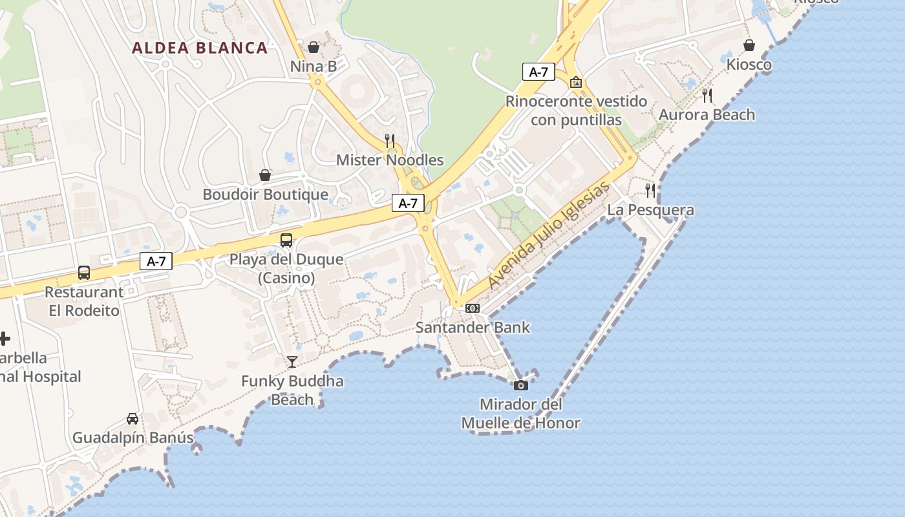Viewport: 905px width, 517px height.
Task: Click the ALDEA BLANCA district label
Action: point(200,48)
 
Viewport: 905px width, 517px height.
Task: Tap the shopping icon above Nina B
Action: point(314,47)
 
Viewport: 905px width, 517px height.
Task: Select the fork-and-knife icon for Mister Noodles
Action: point(390,140)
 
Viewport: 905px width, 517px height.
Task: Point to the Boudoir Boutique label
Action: point(265,195)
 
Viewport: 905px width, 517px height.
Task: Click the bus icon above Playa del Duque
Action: point(286,240)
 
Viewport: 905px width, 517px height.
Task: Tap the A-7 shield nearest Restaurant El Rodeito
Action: point(156,261)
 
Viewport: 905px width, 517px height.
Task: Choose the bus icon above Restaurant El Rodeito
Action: point(84,273)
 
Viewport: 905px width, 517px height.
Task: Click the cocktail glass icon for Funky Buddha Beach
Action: point(292,361)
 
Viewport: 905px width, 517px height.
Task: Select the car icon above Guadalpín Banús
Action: point(133,418)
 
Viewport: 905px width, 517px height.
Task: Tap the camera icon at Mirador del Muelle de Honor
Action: point(520,386)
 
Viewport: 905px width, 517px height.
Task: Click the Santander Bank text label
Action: point(473,327)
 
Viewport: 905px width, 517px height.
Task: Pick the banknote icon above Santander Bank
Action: point(473,308)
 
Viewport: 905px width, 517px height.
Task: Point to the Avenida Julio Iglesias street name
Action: point(549,236)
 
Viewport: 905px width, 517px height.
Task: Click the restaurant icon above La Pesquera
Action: point(650,190)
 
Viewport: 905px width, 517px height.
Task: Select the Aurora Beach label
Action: point(707,115)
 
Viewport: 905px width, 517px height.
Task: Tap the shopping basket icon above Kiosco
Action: point(749,45)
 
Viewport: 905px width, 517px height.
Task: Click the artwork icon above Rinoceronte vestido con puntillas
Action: point(576,82)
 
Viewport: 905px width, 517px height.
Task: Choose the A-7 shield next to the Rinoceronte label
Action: point(538,72)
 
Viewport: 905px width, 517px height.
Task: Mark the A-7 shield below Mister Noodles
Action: point(408,203)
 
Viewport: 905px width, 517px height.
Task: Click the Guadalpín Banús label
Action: point(133,438)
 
